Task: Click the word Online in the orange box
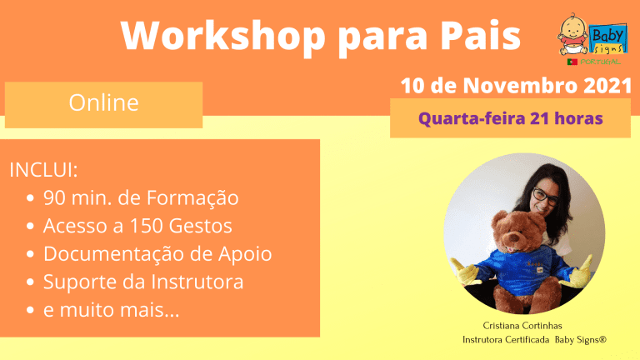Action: pyautogui.click(x=103, y=102)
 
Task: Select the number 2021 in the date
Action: pyautogui.click(x=607, y=86)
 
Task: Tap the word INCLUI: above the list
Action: pyautogui.click(x=43, y=170)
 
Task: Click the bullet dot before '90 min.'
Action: pyautogui.click(x=30, y=198)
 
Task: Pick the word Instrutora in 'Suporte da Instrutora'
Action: pyautogui.click(x=197, y=282)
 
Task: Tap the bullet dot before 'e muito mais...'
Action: pyautogui.click(x=30, y=310)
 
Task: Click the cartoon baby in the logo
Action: pyautogui.click(x=574, y=34)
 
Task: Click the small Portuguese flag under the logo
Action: pyautogui.click(x=572, y=62)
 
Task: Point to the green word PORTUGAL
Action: pyautogui.click(x=600, y=62)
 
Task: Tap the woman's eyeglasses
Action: pyautogui.click(x=545, y=197)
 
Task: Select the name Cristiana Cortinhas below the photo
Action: pyautogui.click(x=522, y=326)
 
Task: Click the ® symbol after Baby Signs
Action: pyautogui.click(x=603, y=339)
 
